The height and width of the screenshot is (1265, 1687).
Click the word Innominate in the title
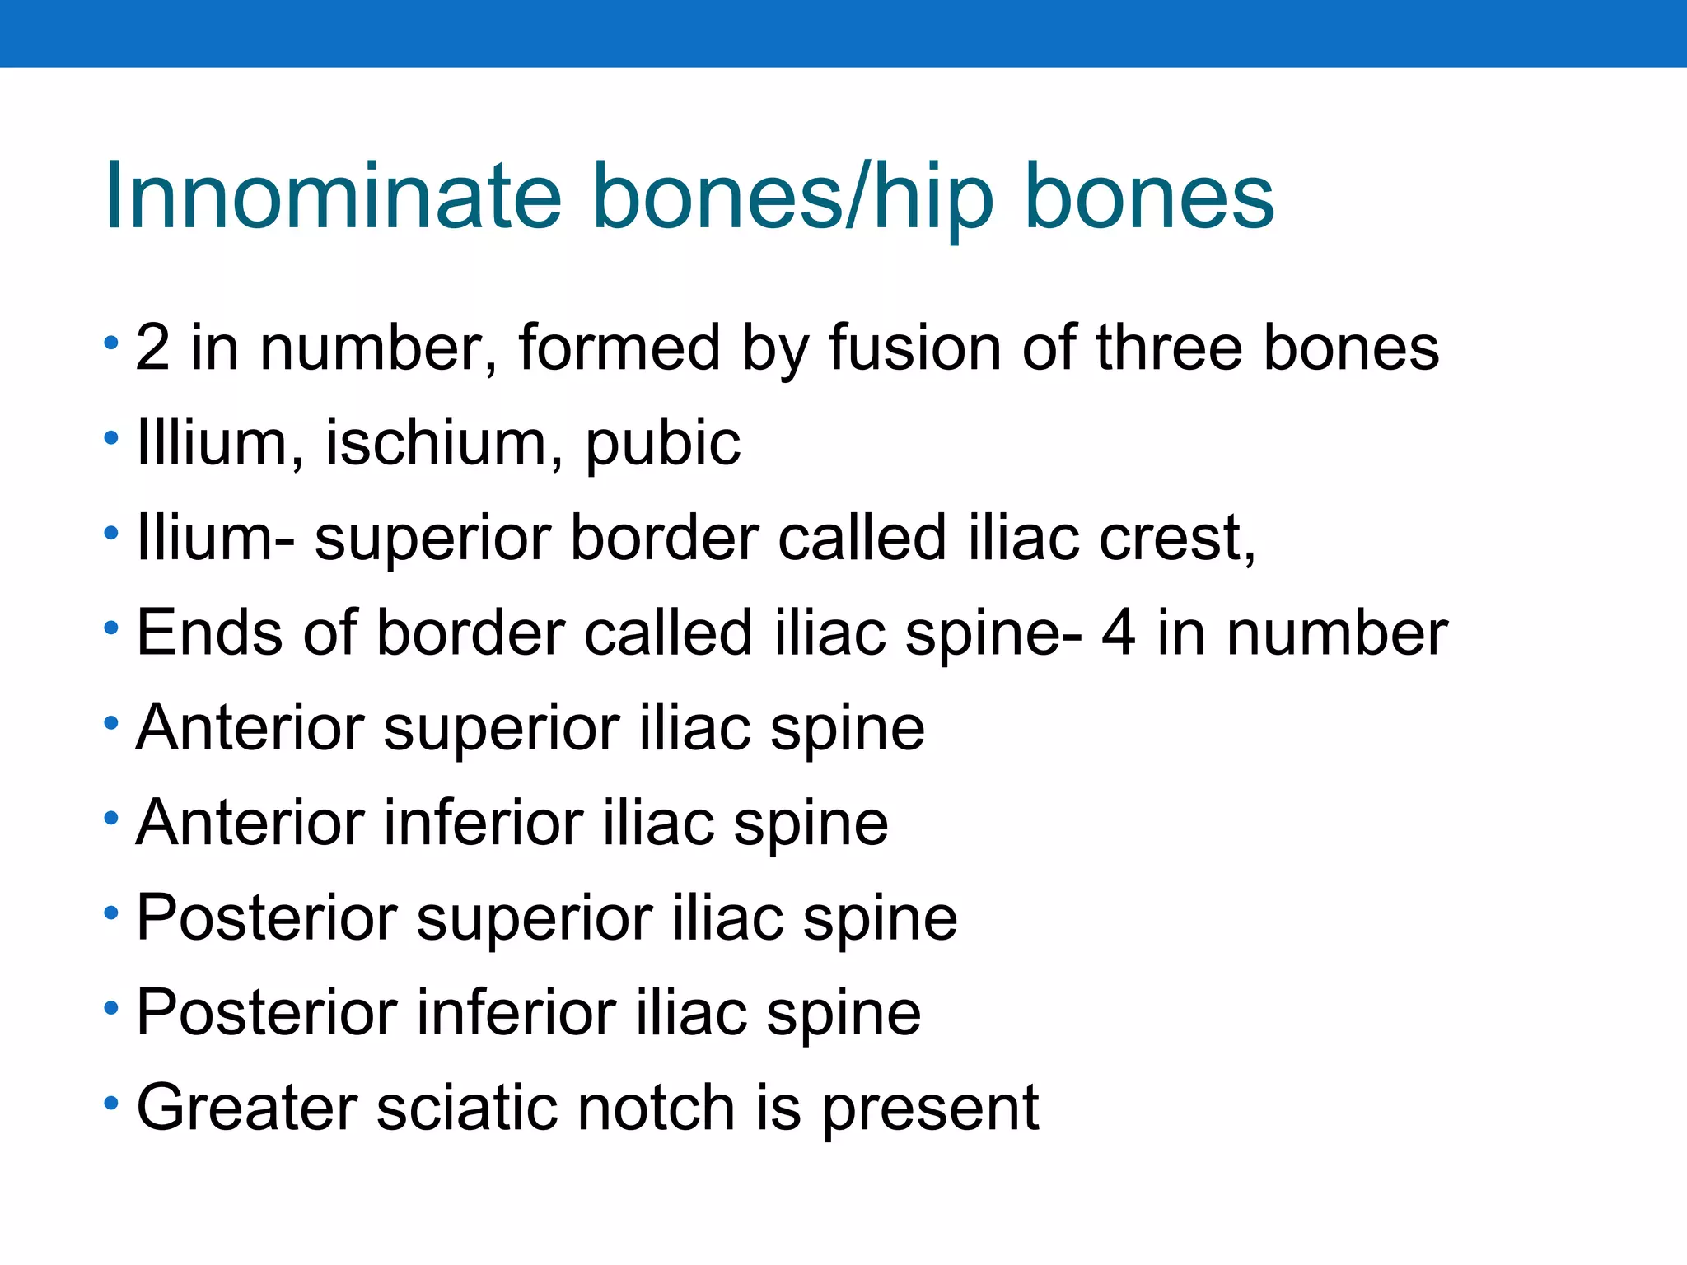point(333,198)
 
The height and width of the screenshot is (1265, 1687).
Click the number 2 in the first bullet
point(153,348)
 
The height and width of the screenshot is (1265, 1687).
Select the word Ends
point(209,632)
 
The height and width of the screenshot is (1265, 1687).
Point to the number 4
point(1119,632)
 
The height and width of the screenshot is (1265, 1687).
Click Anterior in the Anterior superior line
point(250,728)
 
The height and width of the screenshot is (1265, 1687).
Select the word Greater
point(246,1108)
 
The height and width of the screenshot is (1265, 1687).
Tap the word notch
point(656,1108)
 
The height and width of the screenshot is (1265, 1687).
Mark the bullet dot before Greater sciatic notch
point(112,1102)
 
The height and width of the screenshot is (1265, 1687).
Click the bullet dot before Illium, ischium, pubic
point(112,437)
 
